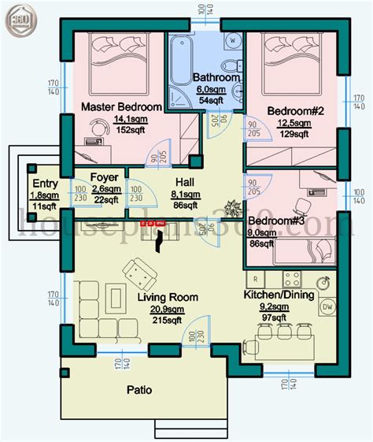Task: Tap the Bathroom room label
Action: pos(216,77)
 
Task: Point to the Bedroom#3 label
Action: pos(276,221)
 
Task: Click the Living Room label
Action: pos(167,297)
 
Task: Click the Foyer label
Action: pos(104,177)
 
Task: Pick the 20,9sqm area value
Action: pos(167,309)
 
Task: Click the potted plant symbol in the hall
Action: pos(231,207)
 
